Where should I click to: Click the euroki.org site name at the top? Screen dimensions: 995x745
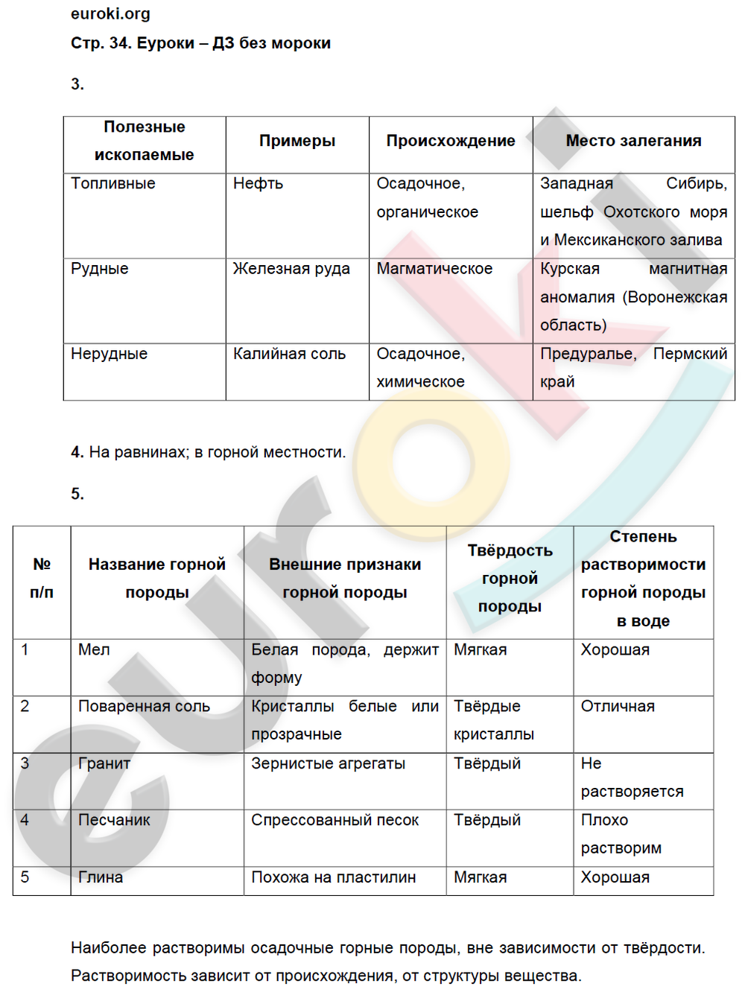(x=110, y=14)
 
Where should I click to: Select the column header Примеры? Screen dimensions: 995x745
(x=297, y=141)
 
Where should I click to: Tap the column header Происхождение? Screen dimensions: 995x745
(x=450, y=141)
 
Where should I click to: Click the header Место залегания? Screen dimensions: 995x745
(x=633, y=141)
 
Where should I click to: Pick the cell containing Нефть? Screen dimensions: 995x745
(x=258, y=184)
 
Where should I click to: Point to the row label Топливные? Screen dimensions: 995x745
(x=113, y=184)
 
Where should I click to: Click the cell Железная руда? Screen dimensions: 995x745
(x=291, y=269)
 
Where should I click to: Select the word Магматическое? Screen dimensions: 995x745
(x=434, y=269)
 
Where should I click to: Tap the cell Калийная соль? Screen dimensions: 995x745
(x=289, y=354)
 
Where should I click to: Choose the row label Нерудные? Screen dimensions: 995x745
(x=109, y=354)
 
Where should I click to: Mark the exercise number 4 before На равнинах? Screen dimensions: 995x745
(x=77, y=452)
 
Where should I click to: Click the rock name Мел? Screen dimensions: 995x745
(x=94, y=649)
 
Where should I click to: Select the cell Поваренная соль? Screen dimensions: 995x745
(x=144, y=706)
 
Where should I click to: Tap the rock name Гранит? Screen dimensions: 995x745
(x=104, y=763)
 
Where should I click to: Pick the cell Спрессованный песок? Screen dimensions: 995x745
(x=335, y=820)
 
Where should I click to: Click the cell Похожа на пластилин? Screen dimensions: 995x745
(x=333, y=877)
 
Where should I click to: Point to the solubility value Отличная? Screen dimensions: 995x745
(x=618, y=706)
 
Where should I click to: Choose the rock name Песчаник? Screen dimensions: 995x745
(x=114, y=820)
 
